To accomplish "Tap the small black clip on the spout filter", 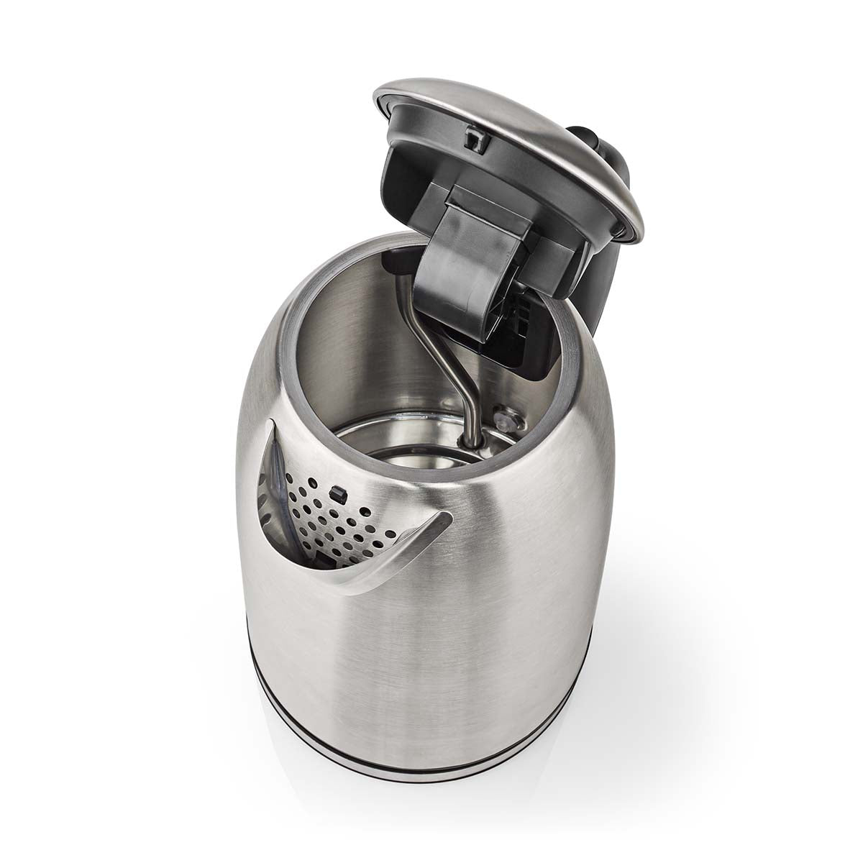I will tap(336, 493).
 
